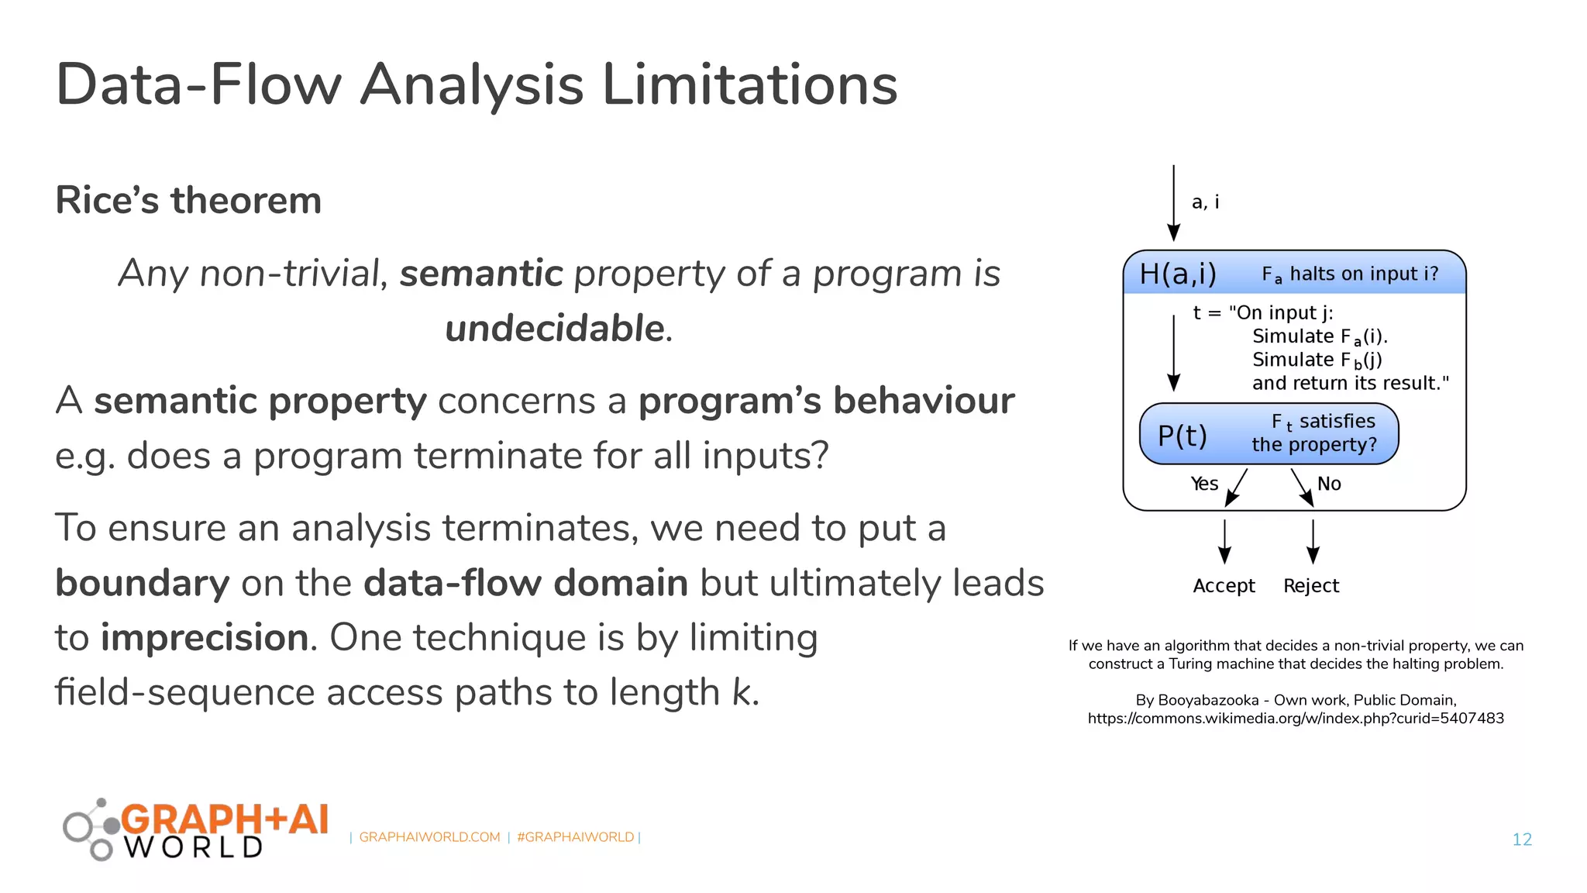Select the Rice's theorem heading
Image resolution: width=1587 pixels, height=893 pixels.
(188, 200)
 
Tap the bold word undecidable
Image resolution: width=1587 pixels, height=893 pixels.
(555, 328)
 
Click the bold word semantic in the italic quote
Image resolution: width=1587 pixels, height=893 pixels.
(480, 274)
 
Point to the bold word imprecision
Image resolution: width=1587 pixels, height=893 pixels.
(205, 638)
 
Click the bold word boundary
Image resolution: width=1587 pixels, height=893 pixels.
(143, 583)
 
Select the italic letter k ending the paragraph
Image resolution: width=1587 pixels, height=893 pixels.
(742, 692)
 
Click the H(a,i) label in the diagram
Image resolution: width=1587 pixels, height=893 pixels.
(1178, 274)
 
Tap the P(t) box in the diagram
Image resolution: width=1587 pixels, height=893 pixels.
(1269, 434)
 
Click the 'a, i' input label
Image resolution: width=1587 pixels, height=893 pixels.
(1205, 202)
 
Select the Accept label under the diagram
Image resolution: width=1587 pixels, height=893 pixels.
(1224, 586)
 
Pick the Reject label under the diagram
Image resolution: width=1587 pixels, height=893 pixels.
(1311, 586)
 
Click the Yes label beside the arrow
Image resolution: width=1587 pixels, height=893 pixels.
(1204, 484)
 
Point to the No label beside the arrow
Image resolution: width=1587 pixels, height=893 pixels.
(1329, 484)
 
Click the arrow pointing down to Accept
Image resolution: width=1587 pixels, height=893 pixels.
(1224, 542)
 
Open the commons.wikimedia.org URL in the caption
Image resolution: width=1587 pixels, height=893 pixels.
(1296, 719)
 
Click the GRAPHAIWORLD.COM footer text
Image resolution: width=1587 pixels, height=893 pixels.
(429, 837)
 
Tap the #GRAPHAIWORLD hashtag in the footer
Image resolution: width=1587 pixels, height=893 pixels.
(575, 837)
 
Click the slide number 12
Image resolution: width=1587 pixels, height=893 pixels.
(1522, 840)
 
